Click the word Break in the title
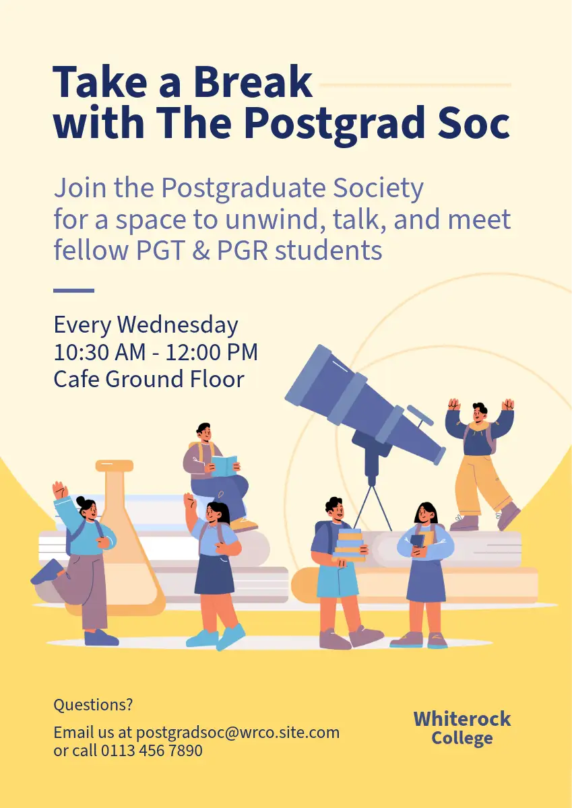tap(253, 81)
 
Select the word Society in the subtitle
tap(378, 189)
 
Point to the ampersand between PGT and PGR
tap(201, 250)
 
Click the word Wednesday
tap(178, 325)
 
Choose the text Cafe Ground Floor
tap(149, 379)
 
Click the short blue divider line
tap(74, 290)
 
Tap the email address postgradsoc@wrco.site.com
tap(237, 733)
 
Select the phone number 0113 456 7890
tap(152, 751)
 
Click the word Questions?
tap(93, 704)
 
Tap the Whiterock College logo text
tap(462, 728)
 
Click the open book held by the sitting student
tap(224, 466)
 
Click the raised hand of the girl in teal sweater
tap(59, 490)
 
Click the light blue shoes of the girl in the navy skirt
tap(216, 638)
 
